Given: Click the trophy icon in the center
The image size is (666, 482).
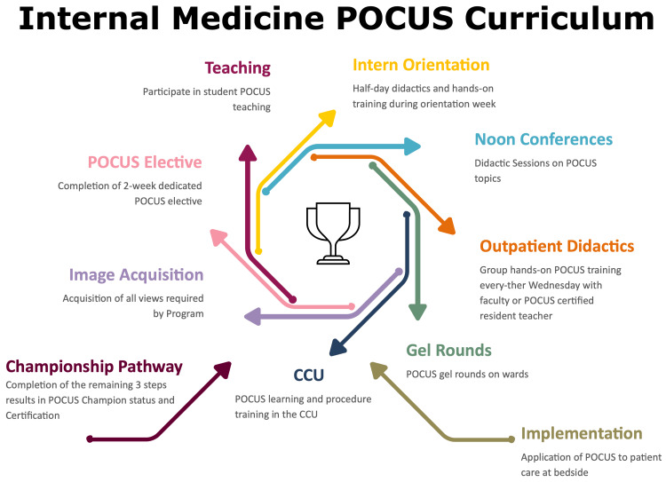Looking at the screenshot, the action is (333, 233).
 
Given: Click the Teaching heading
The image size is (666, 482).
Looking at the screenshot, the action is (237, 68).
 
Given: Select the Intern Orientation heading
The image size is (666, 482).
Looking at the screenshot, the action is (421, 65).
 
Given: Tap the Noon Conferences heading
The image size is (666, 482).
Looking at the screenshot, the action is (543, 139).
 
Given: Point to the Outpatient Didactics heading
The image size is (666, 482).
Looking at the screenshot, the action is (557, 246).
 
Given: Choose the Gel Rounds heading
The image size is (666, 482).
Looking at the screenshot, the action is (448, 351).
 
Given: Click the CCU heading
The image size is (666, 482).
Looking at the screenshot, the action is (309, 375).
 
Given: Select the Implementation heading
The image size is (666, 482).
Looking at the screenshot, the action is (582, 433).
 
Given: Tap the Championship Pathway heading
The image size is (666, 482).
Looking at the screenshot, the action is (94, 367).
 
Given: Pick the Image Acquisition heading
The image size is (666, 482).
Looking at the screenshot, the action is (136, 275).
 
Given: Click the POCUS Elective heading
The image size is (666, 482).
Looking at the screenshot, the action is (145, 162).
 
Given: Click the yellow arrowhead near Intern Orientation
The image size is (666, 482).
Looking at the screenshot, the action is (327, 118).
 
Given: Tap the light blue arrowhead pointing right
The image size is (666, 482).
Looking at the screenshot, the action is (412, 146).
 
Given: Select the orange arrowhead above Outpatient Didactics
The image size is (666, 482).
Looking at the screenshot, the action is (448, 226).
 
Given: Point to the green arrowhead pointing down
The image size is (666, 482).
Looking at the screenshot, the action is (417, 312).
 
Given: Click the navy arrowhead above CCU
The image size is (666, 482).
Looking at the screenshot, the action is (337, 347).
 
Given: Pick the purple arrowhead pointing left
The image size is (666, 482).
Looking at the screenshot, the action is (252, 316).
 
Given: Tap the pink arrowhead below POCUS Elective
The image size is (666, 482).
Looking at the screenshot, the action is (218, 237).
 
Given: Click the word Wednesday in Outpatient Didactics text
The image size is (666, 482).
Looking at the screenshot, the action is (558, 285).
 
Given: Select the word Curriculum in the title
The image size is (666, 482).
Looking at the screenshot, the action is (559, 19).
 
